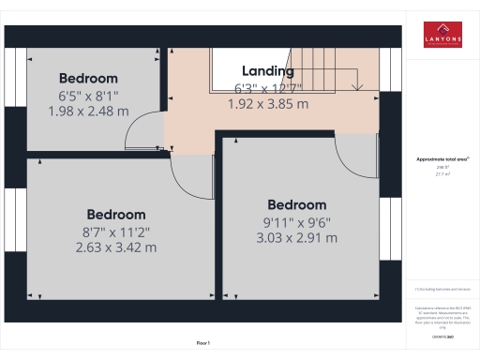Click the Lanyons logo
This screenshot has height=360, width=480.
coord(442,34)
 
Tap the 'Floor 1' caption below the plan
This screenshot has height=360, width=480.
coord(203,344)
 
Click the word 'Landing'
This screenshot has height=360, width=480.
coord(268,71)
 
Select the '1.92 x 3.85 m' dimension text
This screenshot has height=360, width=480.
coord(268,105)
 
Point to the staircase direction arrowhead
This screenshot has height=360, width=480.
coord(357,87)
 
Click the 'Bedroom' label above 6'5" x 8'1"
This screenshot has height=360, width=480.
coord(88,78)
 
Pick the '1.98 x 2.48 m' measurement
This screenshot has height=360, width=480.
coord(88,111)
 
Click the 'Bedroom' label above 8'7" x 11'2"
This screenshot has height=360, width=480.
coord(116,215)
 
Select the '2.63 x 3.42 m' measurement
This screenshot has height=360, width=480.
coord(116,247)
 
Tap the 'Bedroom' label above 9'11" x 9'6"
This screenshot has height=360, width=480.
coord(296,205)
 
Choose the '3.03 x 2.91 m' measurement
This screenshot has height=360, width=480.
coord(296,238)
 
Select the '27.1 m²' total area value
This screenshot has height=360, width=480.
coord(442,174)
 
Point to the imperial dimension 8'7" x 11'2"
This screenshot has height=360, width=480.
coord(116,232)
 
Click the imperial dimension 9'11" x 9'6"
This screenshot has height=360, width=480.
coord(296,222)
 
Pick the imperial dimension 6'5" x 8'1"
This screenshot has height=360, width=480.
coord(88,95)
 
